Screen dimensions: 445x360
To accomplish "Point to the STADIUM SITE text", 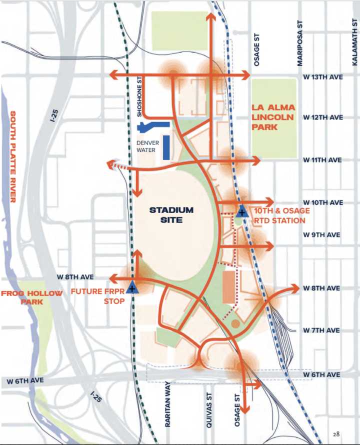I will pos(171,214).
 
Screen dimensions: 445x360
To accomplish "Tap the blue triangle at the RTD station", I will pos(242,211).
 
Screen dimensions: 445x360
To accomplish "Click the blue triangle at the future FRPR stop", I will pos(132,287).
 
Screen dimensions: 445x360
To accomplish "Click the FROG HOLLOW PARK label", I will pos(32,297).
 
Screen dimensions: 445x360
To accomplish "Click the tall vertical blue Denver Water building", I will pos(165,147).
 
